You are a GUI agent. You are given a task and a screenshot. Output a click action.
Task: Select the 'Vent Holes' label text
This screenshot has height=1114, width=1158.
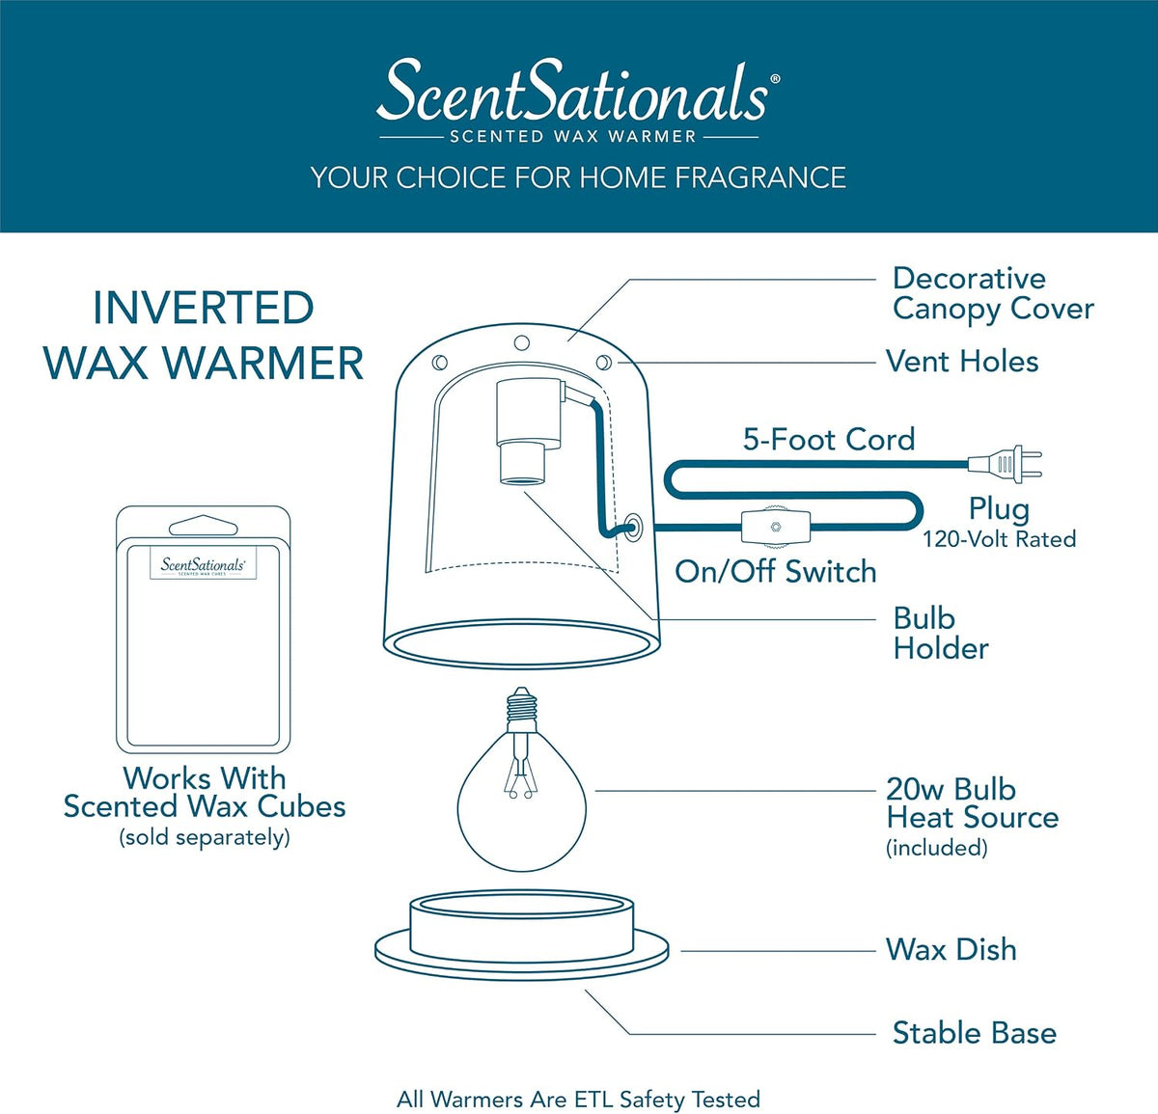(962, 361)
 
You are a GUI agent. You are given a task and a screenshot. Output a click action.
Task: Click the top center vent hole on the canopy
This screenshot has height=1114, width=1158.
(521, 342)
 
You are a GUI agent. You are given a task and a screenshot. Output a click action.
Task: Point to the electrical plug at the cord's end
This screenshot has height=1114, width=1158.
(1004, 463)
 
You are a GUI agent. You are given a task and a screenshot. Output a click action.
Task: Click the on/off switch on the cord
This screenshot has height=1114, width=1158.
(775, 527)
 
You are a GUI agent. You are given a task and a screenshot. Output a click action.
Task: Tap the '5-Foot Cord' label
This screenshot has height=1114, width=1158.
(828, 440)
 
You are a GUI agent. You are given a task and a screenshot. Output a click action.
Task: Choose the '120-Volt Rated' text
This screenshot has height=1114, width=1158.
(999, 539)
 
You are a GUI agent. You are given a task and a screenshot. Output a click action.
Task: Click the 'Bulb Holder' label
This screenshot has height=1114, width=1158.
(940, 634)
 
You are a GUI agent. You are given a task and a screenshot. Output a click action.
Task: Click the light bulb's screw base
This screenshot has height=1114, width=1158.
(522, 709)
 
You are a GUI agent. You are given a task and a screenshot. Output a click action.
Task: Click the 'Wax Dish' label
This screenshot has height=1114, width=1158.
(951, 950)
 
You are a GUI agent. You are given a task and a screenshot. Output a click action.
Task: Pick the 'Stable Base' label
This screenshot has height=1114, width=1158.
(974, 1033)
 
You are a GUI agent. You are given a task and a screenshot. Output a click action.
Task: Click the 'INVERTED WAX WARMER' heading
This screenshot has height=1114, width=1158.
(204, 335)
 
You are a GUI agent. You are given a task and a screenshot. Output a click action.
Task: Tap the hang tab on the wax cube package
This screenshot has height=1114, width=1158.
(204, 526)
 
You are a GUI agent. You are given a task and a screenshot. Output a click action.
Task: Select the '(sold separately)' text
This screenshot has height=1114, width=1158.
(205, 837)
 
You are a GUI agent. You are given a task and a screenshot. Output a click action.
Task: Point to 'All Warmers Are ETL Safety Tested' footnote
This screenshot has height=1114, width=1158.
(578, 1099)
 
